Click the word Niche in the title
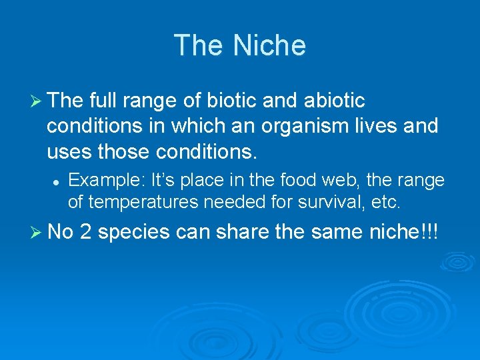coord(269,45)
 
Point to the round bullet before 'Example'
coord(58,181)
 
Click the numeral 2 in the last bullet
coord(85,232)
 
